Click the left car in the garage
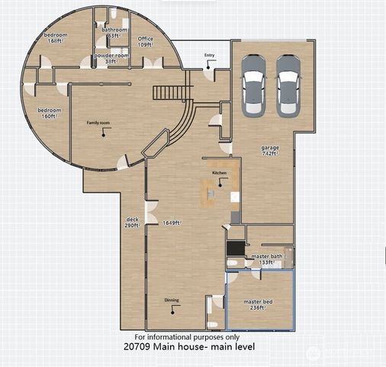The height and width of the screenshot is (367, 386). click(253, 85)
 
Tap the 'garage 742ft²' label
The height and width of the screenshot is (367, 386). click(270, 150)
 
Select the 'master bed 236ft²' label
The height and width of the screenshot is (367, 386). click(258, 305)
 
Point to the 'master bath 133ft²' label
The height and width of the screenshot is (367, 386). click(267, 259)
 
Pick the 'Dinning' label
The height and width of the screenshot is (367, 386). click(172, 300)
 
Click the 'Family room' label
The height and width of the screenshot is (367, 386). click(99, 123)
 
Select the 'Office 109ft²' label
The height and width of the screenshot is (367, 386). click(146, 41)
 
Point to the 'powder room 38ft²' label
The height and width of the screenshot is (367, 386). click(110, 58)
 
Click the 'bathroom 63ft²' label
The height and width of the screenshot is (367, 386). click(114, 33)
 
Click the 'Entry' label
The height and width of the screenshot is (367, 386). click(209, 56)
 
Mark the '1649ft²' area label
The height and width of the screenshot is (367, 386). click(172, 222)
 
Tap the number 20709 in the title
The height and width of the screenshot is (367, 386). click(137, 347)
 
